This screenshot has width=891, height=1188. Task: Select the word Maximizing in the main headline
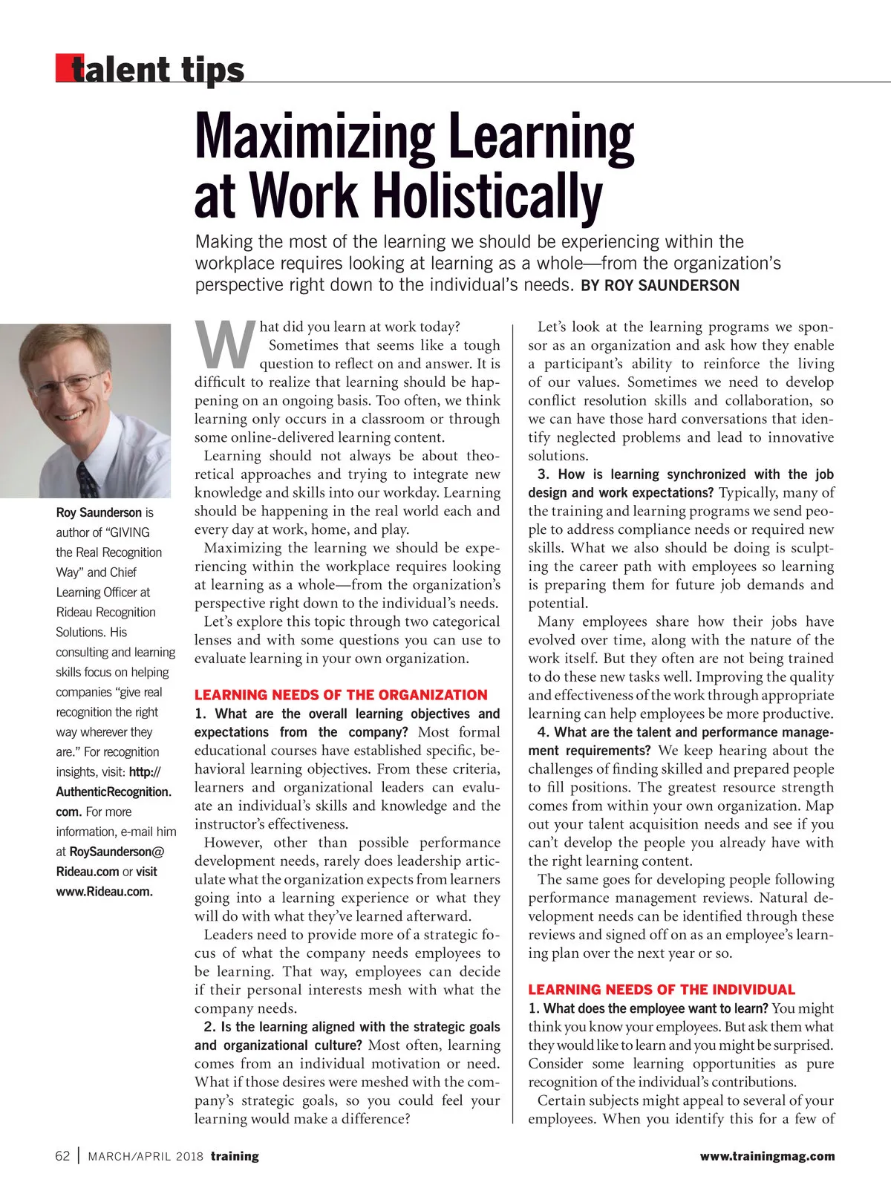[314, 137]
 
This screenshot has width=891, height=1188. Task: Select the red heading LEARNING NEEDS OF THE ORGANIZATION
[341, 695]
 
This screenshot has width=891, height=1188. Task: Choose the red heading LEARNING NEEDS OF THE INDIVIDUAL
[662, 990]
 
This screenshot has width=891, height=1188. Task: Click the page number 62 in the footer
[62, 1156]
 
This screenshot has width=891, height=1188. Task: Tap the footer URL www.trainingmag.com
[767, 1156]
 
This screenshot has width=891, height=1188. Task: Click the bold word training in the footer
[235, 1156]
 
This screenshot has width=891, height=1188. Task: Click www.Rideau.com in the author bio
[104, 892]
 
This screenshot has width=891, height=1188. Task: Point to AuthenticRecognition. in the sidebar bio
[114, 792]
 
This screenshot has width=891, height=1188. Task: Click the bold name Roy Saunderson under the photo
[99, 512]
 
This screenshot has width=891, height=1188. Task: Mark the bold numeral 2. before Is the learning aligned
[209, 1027]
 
